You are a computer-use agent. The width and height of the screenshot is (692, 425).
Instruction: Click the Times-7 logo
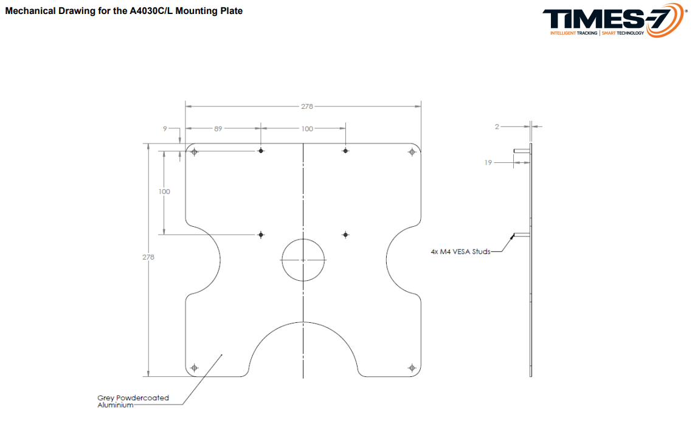point(614,20)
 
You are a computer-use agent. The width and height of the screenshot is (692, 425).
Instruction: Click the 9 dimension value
point(165,129)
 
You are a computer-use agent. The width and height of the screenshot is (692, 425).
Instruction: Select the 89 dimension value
point(218,129)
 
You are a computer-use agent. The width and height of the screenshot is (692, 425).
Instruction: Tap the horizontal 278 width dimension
point(307,106)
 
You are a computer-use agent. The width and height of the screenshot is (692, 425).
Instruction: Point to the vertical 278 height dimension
point(148,257)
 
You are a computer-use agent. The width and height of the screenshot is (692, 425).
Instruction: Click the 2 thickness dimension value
point(497,126)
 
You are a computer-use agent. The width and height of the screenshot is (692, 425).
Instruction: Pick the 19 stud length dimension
point(488,163)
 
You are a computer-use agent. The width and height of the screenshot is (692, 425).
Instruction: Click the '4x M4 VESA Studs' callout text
point(461,252)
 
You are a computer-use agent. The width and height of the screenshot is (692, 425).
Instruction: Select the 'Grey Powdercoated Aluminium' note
point(133,401)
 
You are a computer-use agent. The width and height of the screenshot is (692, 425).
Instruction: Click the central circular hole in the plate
point(303,260)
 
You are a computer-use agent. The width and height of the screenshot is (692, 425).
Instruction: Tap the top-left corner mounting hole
point(194,152)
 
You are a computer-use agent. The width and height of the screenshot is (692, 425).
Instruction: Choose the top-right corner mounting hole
point(412,152)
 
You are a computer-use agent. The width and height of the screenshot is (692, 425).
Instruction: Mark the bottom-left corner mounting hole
point(194,368)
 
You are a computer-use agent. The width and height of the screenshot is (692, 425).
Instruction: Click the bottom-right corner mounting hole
point(412,368)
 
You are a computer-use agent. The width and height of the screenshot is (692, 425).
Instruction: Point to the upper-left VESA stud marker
point(261,151)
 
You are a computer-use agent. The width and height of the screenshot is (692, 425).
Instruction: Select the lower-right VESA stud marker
point(345,235)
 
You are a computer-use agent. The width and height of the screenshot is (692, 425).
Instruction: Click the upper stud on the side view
point(522,151)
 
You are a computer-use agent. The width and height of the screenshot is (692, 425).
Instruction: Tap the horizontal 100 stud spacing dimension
point(307,129)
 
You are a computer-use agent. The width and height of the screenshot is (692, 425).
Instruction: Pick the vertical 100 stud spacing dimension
point(164,192)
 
